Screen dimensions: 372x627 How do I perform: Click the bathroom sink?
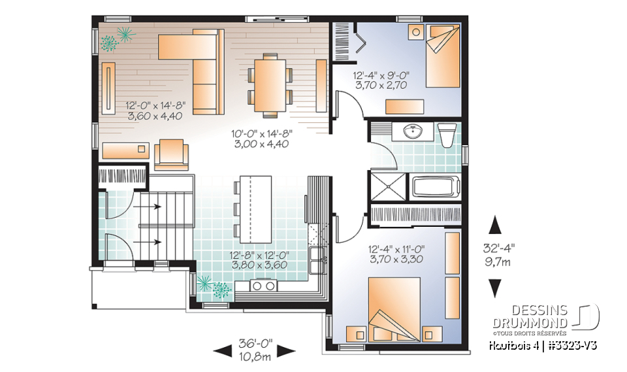pos(412,133)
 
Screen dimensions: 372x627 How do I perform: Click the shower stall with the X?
pos(389,185)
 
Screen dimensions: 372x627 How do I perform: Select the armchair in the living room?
pos(171,155)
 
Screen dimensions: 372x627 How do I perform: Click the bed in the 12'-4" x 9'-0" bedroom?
pos(443,55)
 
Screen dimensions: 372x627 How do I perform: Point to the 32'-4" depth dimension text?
pos(499,248)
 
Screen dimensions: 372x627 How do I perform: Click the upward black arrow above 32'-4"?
pos(495,226)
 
